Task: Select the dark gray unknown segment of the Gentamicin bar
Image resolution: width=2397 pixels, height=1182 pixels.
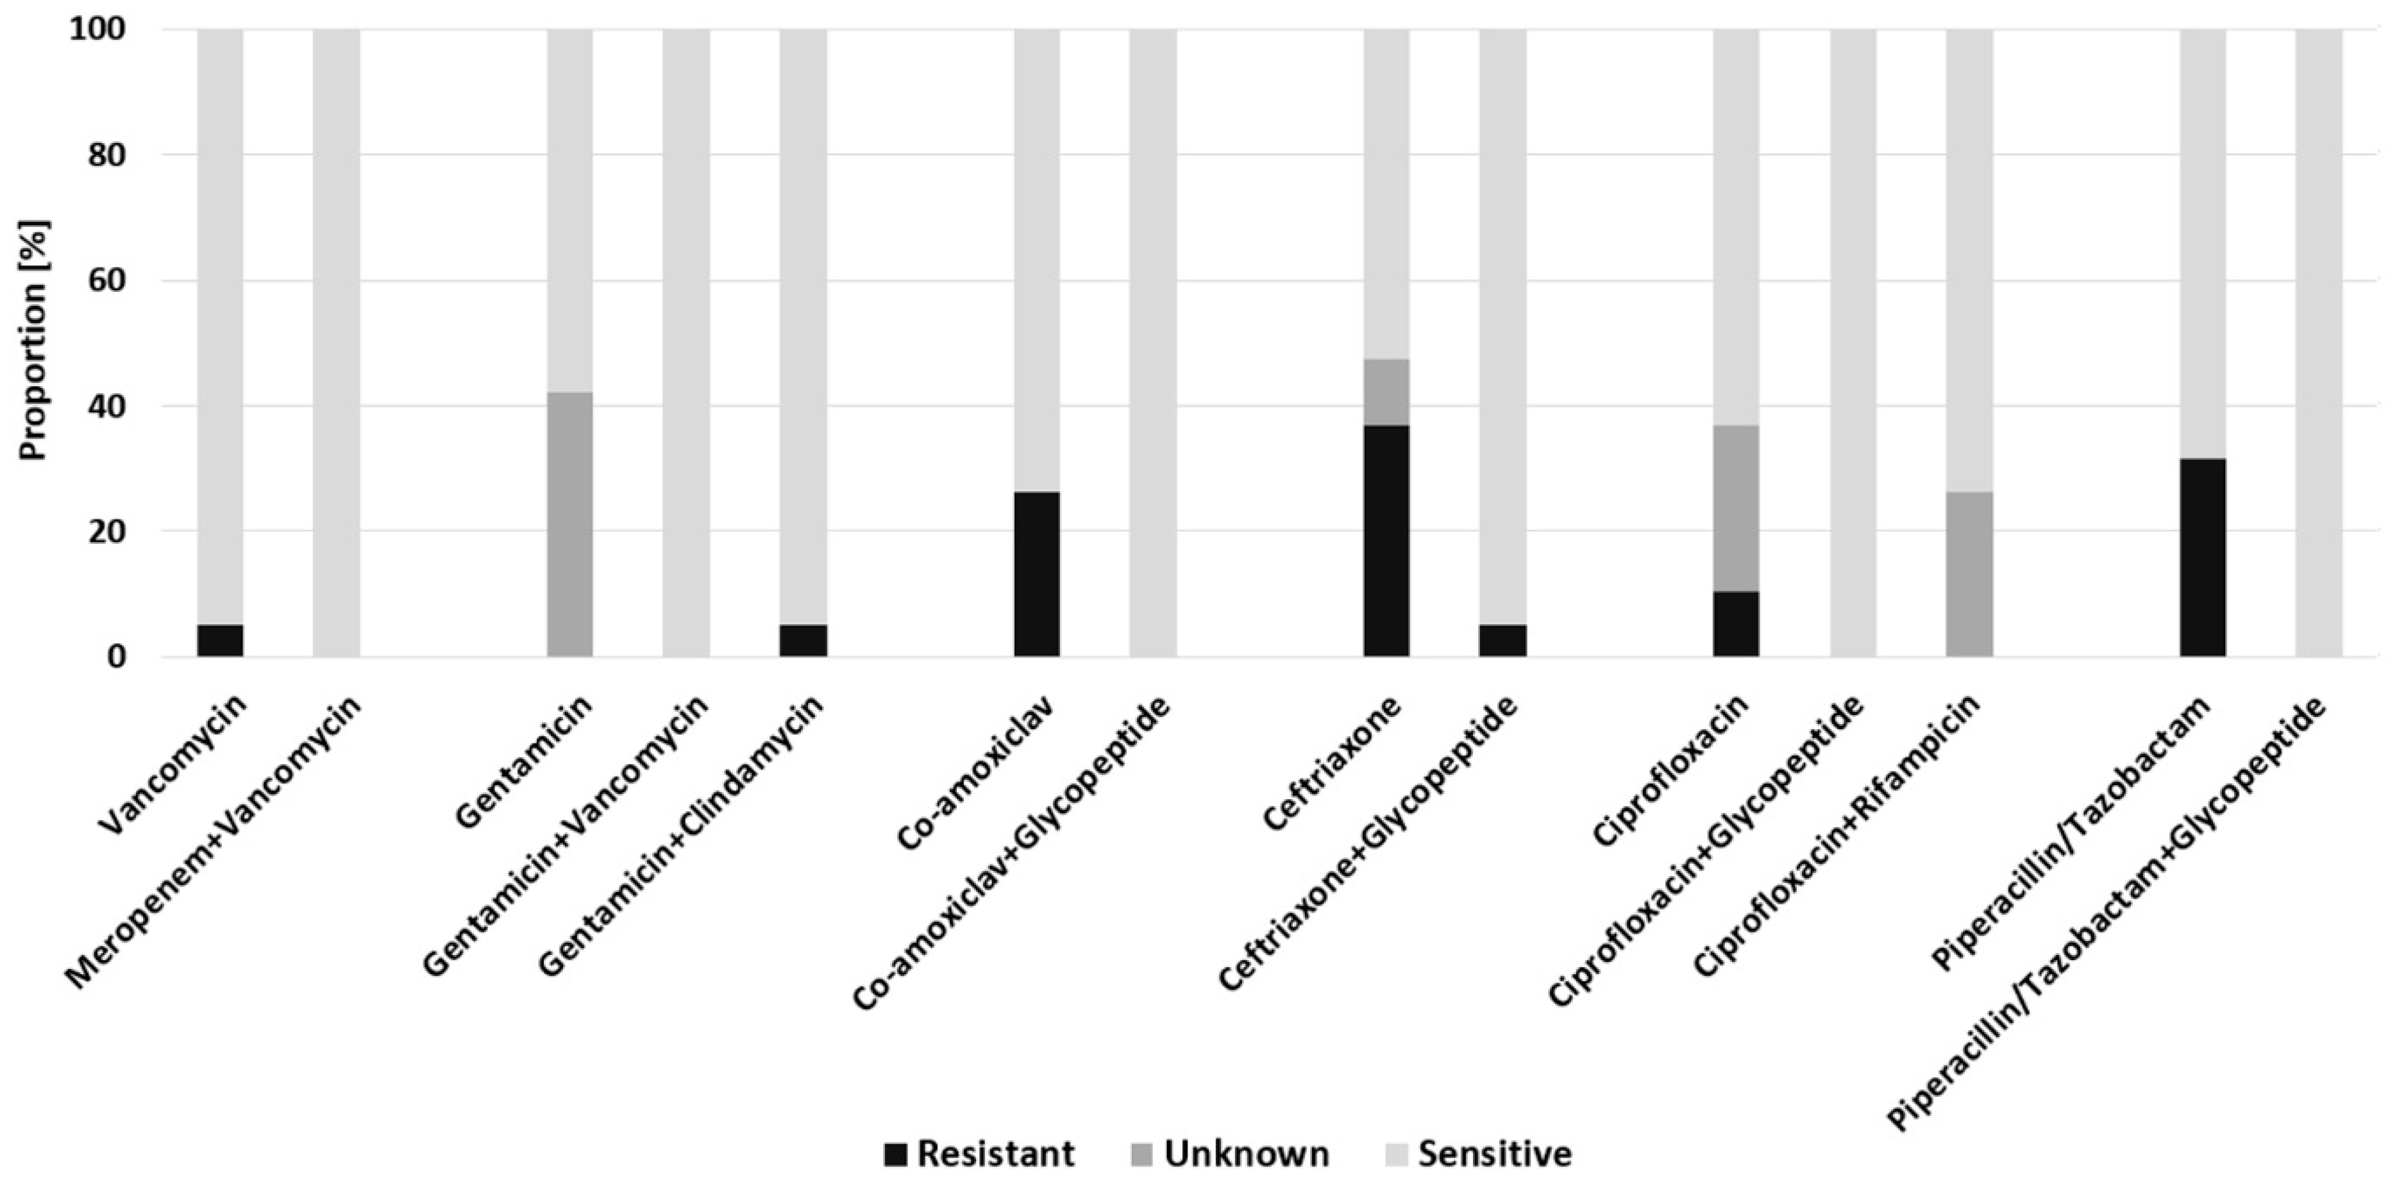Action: (569, 524)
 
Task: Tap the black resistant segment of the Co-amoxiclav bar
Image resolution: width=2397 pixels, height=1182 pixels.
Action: (1037, 573)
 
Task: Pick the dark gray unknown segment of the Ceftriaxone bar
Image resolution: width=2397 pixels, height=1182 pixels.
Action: (1386, 392)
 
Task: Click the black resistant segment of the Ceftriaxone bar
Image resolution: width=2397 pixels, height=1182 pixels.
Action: (1386, 541)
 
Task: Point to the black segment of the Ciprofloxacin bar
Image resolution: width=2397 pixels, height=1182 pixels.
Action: (1737, 623)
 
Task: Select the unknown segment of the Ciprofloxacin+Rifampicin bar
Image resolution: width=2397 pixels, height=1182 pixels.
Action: (1969, 573)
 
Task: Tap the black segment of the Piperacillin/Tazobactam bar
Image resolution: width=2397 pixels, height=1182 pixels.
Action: (2203, 557)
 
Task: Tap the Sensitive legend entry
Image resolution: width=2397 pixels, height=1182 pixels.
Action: (1479, 1154)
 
